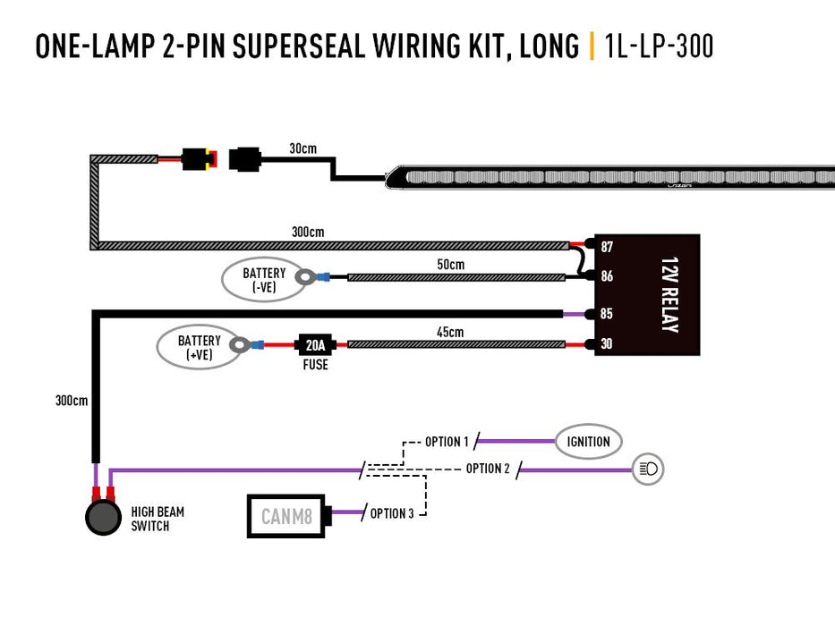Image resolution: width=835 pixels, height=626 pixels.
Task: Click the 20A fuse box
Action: pos(314,344)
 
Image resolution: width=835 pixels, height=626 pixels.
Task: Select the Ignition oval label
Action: pos(588,441)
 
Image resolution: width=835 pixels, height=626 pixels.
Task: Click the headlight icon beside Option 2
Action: pos(648,469)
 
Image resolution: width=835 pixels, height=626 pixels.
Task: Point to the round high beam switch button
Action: pos(103,518)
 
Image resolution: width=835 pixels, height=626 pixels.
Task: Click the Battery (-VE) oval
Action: pos(263,279)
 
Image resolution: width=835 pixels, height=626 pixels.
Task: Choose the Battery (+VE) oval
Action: pos(199,347)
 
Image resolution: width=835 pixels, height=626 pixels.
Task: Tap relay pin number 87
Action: pos(607,246)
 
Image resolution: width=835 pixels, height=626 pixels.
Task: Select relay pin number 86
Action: pos(607,276)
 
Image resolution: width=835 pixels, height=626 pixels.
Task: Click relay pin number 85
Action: pos(607,314)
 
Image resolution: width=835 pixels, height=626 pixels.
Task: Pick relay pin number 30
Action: pos(607,344)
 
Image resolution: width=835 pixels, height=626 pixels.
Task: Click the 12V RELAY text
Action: pos(669,295)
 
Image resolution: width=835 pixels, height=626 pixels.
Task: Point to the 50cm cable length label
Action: pos(451,265)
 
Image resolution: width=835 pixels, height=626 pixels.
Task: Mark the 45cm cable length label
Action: pos(450,332)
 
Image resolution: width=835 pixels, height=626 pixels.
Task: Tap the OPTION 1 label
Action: pos(447,442)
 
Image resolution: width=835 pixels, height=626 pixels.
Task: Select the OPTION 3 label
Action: pos(392,513)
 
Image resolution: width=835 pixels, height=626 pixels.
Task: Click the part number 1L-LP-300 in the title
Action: pos(659,46)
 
